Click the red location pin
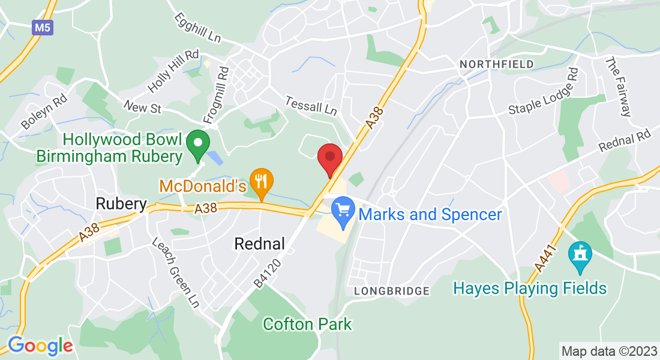pos(329,158)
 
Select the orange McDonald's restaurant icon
pos(261,181)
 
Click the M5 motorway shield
pos(41,28)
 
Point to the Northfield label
pos(496,64)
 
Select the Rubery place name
pos(121,204)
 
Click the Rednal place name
pos(259,244)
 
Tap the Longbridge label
pos(392,291)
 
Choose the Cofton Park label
pos(307,325)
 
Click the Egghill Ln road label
pos(198,29)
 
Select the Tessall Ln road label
pos(311,106)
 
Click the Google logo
pos(40,346)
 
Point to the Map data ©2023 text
pos(608,350)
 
